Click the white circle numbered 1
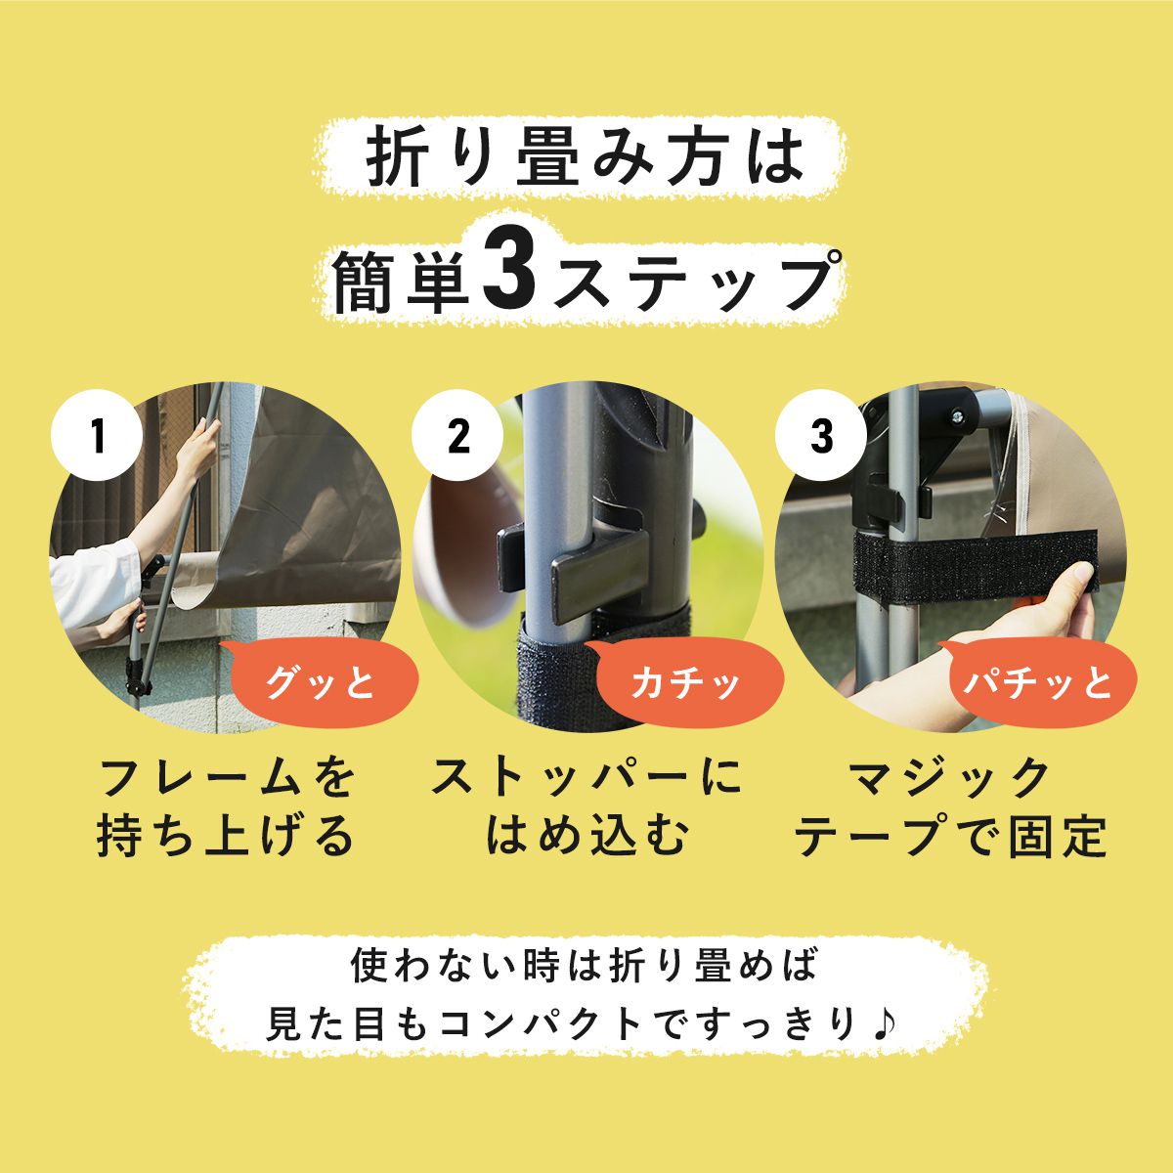click(98, 436)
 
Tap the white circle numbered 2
click(457, 436)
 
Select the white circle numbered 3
click(821, 436)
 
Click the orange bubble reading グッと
click(319, 681)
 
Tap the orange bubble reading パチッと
click(1037, 681)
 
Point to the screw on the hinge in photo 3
click(958, 416)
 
